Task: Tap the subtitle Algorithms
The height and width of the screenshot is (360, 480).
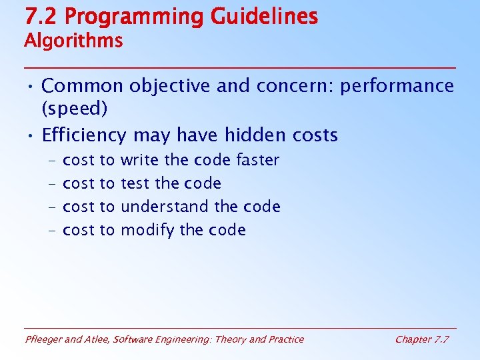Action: pos(73,41)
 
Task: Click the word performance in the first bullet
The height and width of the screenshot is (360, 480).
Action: pos(397,86)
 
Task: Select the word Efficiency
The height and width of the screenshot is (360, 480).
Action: pos(84,136)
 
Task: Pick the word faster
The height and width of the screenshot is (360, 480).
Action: pos(257,160)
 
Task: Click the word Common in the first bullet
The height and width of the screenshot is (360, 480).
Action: pos(82,86)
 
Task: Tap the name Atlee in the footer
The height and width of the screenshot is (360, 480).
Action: pos(97,339)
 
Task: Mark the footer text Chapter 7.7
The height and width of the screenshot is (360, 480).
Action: pos(422,339)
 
